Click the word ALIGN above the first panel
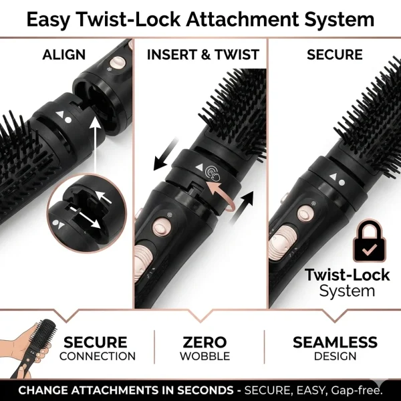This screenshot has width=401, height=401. pyautogui.click(x=64, y=55)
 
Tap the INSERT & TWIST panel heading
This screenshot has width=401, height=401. pyautogui.click(x=203, y=55)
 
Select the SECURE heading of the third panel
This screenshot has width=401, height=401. pyautogui.click(x=335, y=55)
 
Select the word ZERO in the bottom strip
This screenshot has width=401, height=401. pyautogui.click(x=205, y=342)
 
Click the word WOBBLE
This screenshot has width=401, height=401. pyautogui.click(x=205, y=356)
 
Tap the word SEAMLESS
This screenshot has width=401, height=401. pyautogui.click(x=335, y=342)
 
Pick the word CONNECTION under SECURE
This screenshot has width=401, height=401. pyautogui.click(x=98, y=356)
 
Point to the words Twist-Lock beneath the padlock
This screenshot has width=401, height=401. pyautogui.click(x=347, y=275)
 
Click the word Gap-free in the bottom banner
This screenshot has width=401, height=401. pyautogui.click(x=356, y=390)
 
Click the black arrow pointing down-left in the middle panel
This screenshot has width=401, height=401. pyautogui.click(x=166, y=154)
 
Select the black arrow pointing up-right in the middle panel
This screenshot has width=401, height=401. pyautogui.click(x=242, y=208)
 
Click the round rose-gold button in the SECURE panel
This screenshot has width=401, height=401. pyautogui.click(x=304, y=213)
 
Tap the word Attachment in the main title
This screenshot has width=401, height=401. pyautogui.click(x=243, y=19)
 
